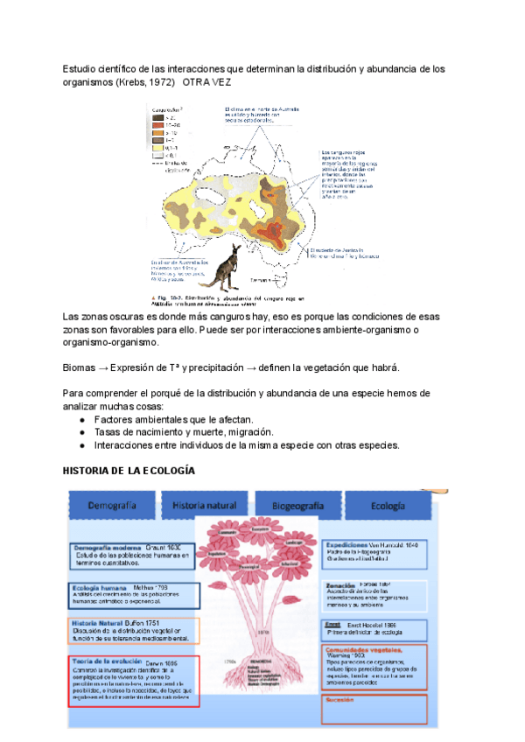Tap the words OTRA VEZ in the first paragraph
(x=206, y=81)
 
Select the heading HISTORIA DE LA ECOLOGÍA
(x=129, y=472)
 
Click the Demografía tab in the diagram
(x=112, y=506)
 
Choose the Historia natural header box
(x=204, y=506)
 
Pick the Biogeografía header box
(x=297, y=506)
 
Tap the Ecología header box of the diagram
(x=388, y=506)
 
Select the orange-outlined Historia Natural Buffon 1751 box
(x=134, y=631)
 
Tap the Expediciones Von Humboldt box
(x=374, y=550)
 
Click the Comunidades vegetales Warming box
(x=374, y=665)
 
